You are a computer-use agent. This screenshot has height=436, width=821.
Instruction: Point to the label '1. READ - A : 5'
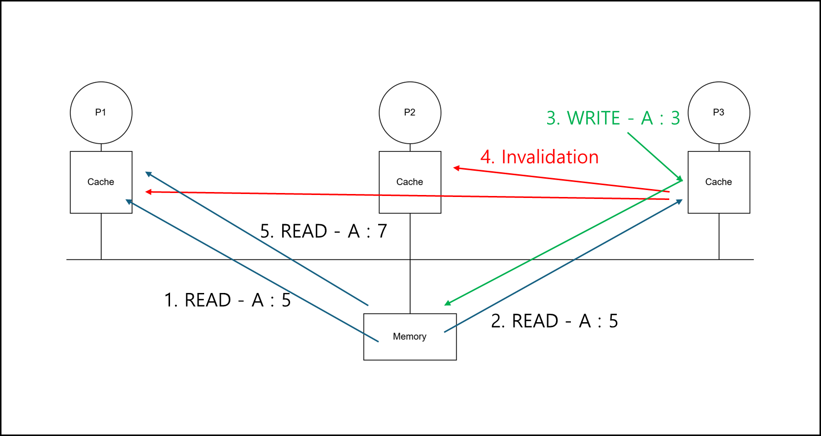click(x=227, y=300)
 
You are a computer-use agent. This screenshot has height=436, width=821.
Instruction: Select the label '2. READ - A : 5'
click(x=554, y=321)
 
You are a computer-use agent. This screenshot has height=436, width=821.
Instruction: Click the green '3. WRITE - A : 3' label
click(x=613, y=118)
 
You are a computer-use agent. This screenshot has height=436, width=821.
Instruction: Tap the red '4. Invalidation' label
click(x=540, y=157)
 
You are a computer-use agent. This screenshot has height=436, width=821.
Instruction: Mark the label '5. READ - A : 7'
click(x=324, y=231)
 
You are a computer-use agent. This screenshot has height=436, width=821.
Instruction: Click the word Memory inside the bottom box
click(x=410, y=337)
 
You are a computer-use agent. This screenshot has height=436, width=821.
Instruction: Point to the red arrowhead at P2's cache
click(x=456, y=168)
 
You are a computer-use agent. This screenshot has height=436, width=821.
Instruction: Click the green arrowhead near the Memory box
click(x=447, y=303)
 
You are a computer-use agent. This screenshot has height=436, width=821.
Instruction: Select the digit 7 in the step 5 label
click(x=382, y=231)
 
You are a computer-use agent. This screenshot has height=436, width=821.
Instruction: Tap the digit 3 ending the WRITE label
click(x=676, y=118)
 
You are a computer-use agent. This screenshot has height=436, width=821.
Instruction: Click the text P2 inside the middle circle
click(x=410, y=112)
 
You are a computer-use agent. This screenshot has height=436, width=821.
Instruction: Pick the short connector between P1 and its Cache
click(x=101, y=147)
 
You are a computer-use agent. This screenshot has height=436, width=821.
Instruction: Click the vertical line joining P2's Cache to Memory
click(x=410, y=263)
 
